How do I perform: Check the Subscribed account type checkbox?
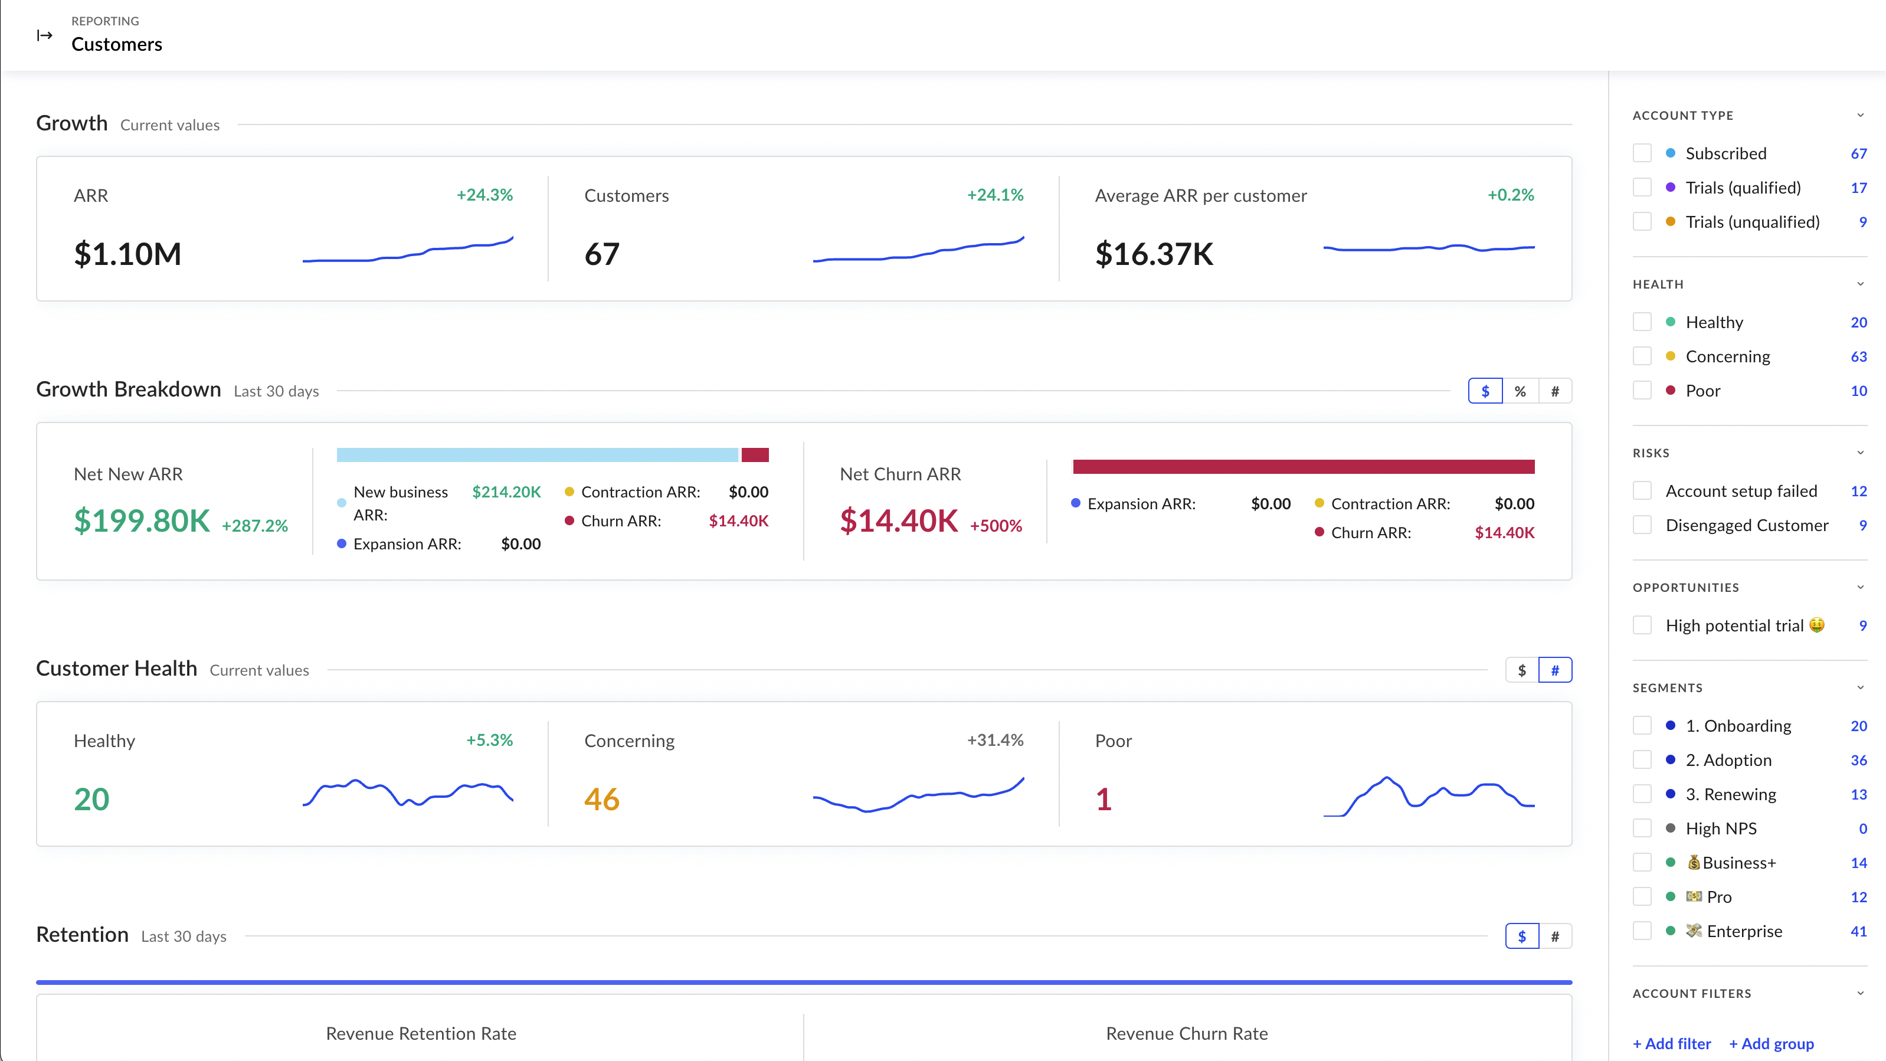click(1642, 153)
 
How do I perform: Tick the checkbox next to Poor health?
click(1642, 390)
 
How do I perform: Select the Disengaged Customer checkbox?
click(1642, 525)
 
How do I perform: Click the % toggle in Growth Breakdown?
click(1520, 391)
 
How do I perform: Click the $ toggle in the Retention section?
click(1521, 936)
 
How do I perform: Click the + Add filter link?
click(1671, 1043)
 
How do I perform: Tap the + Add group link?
click(1771, 1043)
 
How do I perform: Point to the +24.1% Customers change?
click(994, 195)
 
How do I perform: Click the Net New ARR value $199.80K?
click(142, 520)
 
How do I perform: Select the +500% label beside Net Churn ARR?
click(996, 526)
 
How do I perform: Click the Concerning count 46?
click(602, 799)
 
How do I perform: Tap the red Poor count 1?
click(1104, 799)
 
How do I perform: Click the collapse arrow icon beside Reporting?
click(45, 34)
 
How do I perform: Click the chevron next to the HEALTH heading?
click(1859, 284)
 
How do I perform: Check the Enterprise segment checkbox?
click(1642, 931)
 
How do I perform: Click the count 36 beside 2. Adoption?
click(1858, 760)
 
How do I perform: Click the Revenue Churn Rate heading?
click(1186, 1033)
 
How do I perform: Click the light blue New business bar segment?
click(536, 455)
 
